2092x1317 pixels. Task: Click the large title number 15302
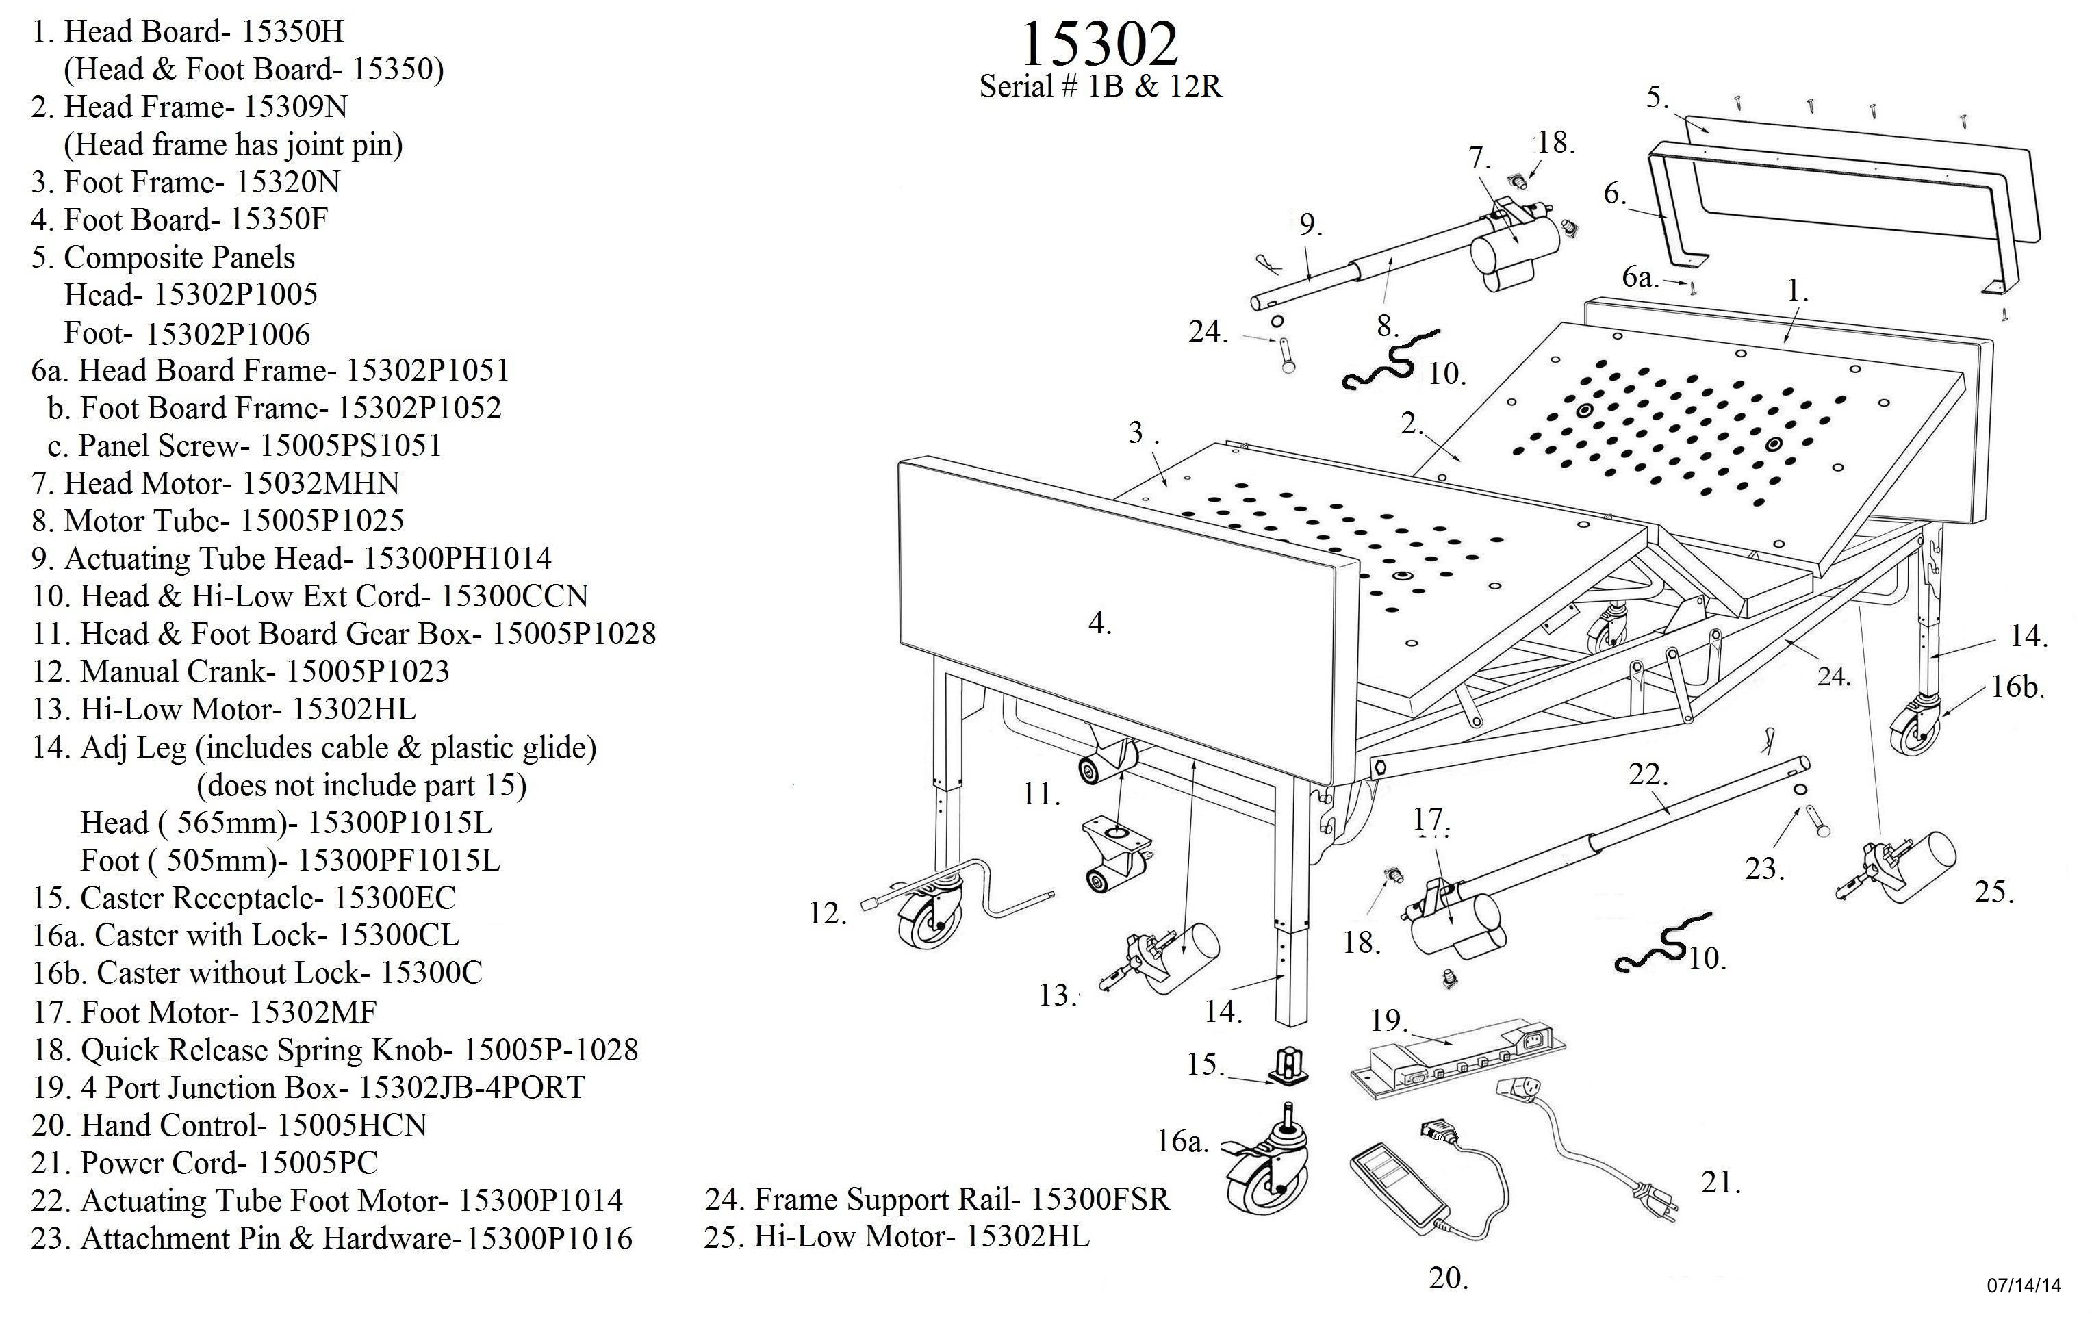(1099, 43)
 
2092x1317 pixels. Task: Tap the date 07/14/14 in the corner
(2024, 1285)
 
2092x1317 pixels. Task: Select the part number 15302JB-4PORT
(472, 1088)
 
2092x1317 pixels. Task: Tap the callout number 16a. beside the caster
(1182, 1142)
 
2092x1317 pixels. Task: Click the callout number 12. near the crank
(827, 913)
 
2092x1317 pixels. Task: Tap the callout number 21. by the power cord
(1720, 1182)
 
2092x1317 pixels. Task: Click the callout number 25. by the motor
(1994, 892)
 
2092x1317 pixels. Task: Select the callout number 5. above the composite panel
(1657, 97)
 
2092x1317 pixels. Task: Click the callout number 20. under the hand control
(1449, 1278)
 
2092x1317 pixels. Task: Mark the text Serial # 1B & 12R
(1100, 86)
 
